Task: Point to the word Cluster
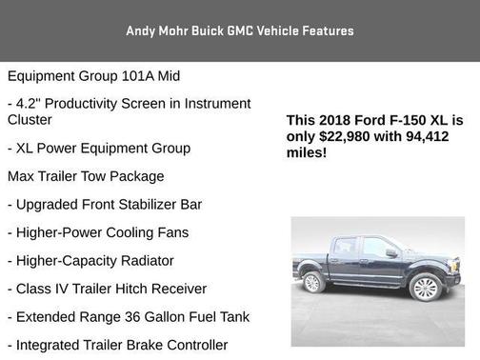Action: pos(30,120)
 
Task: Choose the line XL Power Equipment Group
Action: pos(98,149)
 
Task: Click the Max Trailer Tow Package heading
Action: pos(86,176)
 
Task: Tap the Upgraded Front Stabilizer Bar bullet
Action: pos(105,205)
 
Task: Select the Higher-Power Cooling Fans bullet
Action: pos(98,232)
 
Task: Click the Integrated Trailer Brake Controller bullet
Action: pos(116,345)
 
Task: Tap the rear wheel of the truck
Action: pos(312,282)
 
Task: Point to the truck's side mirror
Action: pos(390,253)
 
